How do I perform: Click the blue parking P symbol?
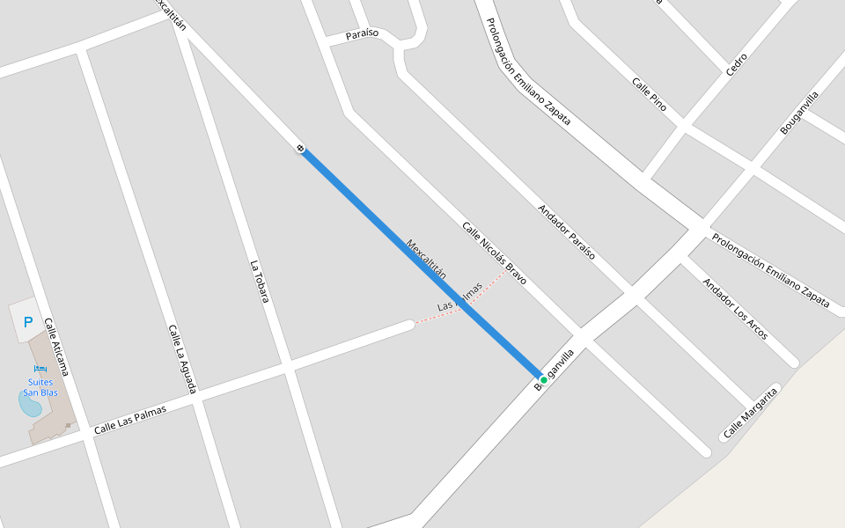[28, 323]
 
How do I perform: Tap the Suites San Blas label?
[40, 387]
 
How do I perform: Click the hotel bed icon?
[40, 369]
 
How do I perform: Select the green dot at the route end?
[544, 379]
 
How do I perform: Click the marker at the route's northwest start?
[301, 149]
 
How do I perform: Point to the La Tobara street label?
[258, 281]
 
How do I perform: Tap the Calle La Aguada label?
[181, 357]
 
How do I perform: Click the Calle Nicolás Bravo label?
[494, 253]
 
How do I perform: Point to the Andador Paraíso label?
[566, 231]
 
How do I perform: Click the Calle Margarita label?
[751, 412]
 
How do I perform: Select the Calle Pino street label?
[649, 94]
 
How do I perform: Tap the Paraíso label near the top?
[362, 33]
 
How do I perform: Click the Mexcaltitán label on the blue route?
[426, 259]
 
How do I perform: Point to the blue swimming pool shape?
[29, 404]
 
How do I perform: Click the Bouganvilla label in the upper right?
[799, 113]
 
